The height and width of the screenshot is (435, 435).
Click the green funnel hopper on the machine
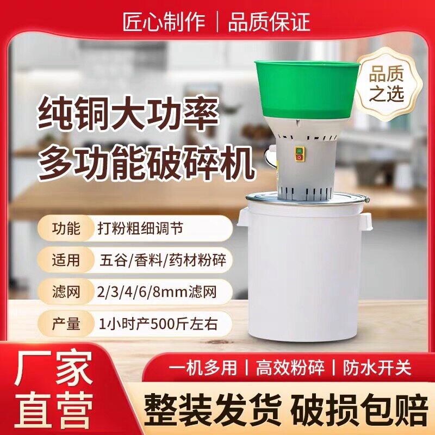(307, 90)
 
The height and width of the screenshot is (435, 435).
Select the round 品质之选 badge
(387, 84)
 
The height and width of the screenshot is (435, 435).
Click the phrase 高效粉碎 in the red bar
(291, 368)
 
